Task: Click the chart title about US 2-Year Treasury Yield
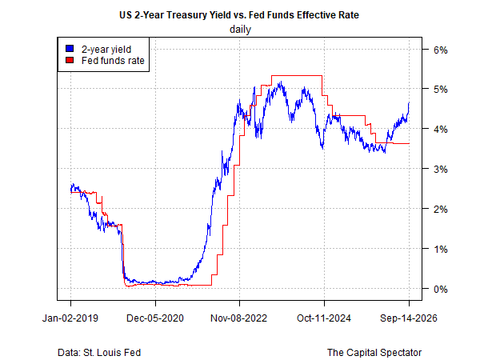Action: click(239, 15)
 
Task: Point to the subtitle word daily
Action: click(240, 30)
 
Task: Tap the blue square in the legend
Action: click(70, 49)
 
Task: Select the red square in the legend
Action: click(70, 60)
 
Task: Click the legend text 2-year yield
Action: click(106, 50)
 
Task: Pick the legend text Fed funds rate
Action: click(113, 61)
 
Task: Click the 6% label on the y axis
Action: click(441, 50)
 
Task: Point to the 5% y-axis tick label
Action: click(441, 90)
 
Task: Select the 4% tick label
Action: click(441, 129)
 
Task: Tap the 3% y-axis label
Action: click(441, 170)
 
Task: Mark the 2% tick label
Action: click(441, 210)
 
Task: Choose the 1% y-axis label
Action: click(441, 249)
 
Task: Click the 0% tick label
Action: click(441, 289)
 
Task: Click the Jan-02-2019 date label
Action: click(70, 318)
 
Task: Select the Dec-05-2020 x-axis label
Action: click(155, 318)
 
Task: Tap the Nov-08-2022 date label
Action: click(238, 318)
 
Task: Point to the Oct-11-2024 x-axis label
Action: click(323, 318)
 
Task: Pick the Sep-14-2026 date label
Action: click(409, 318)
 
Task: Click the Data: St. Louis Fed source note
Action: click(99, 353)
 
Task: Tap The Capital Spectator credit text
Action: click(374, 353)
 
